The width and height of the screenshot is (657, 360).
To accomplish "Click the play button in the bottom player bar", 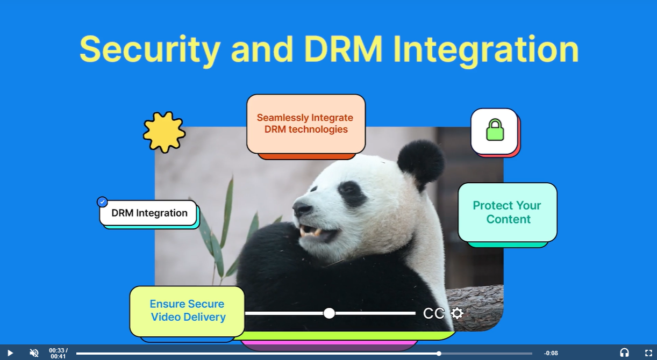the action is point(10,353).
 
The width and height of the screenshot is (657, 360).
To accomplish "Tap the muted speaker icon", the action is point(34,353).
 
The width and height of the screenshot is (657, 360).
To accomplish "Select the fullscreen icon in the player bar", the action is point(648,353).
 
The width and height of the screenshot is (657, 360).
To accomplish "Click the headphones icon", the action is point(624,352).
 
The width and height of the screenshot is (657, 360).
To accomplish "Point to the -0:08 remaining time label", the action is point(551,353).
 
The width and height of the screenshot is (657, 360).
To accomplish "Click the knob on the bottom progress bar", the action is point(439,354).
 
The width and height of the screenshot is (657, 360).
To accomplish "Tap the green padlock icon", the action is point(495,130).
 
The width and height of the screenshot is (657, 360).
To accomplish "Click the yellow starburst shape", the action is point(165,132).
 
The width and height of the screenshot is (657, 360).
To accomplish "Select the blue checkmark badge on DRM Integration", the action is point(102,202).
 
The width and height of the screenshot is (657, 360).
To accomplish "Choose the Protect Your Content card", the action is point(508,212).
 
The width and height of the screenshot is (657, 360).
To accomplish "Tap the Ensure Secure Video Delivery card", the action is point(187,311).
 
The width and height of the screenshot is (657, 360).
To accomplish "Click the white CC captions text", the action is point(433,313).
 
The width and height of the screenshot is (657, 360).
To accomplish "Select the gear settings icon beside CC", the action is point(457,313).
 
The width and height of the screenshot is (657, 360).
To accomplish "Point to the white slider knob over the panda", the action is point(329,313).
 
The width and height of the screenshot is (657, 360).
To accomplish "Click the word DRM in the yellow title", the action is point(343,49).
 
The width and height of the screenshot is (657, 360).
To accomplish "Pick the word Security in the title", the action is point(149,50).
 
